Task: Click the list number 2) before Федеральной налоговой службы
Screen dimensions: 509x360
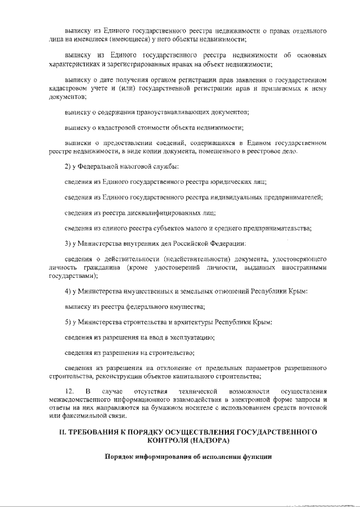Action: coord(67,166)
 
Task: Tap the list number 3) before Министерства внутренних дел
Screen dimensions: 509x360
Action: coord(67,243)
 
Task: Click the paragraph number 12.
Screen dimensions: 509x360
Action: coord(69,390)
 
